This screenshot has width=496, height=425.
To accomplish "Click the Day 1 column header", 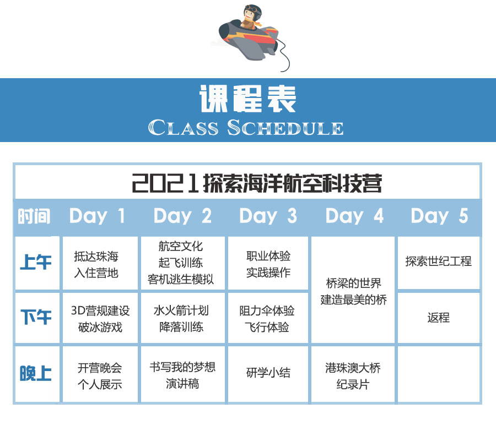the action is [x=98, y=216].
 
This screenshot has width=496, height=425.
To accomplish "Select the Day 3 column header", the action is [x=268, y=216].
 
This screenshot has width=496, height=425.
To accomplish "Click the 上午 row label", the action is [x=36, y=262].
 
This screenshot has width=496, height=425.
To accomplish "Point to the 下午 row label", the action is [x=36, y=317].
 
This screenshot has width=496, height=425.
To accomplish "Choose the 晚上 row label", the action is [x=36, y=373].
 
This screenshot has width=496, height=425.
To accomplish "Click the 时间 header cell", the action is [x=34, y=216].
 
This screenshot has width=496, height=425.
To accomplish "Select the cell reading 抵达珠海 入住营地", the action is [x=100, y=263].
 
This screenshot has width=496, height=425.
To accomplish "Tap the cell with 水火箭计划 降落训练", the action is [x=182, y=318].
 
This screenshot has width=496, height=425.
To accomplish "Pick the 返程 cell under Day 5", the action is [x=439, y=318].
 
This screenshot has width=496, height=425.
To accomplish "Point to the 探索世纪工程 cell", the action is [x=439, y=263].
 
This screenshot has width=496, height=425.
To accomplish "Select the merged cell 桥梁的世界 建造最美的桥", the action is [x=353, y=290].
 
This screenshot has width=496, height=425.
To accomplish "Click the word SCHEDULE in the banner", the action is [x=285, y=128].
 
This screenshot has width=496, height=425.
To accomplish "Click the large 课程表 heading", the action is [x=248, y=99].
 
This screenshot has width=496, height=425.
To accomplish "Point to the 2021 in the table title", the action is [x=165, y=183].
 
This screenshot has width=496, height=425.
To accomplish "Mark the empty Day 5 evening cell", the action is [x=439, y=374].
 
